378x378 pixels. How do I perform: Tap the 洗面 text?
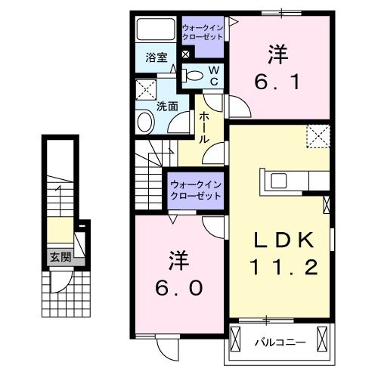pos(167,107)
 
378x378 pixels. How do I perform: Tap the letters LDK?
pos(281,240)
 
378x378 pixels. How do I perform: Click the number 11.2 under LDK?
pos(281,267)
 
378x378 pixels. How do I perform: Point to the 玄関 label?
pos(60,257)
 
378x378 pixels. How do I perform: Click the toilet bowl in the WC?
pos(194,75)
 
